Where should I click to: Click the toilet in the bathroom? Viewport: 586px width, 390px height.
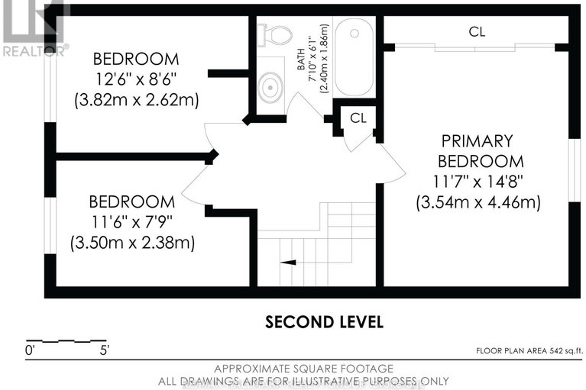coord(274,34)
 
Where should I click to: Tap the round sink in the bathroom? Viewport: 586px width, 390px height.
coord(270,89)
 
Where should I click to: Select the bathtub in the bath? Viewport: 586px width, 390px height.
coord(353,56)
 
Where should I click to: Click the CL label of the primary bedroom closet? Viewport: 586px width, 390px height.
coord(478,31)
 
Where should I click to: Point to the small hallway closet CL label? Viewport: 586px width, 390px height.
coord(358,118)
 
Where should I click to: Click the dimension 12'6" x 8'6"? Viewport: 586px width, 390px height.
coord(136,79)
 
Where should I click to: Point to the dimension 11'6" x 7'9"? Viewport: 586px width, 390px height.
coord(131,222)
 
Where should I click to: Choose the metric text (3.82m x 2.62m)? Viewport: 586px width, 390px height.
coord(136,99)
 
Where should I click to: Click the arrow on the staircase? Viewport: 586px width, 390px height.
coord(289,262)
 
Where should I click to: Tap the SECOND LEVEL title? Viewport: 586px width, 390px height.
coord(324,321)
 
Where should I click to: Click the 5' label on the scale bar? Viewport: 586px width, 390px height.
coord(103,351)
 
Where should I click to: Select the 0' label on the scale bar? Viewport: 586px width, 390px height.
coord(31,351)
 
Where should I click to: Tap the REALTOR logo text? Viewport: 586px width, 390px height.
coord(34,50)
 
